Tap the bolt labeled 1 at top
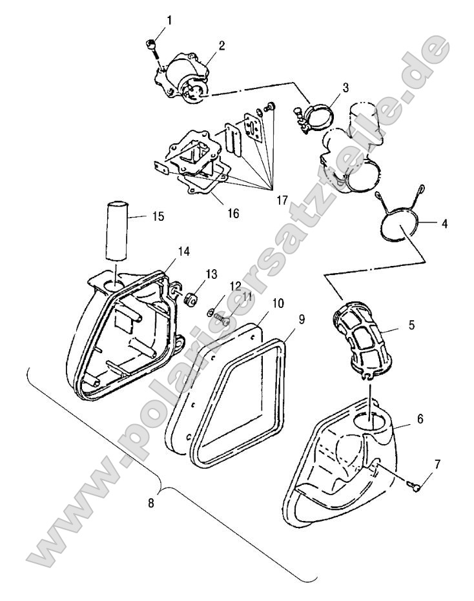(149, 45)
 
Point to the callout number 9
(302, 320)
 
